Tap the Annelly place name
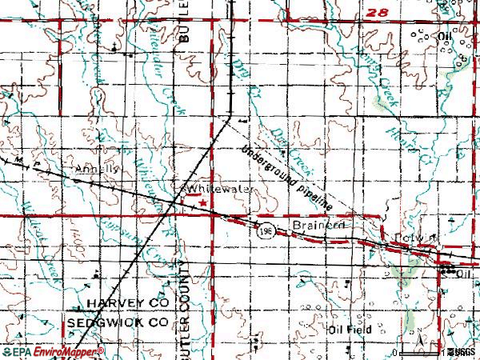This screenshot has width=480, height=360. (97, 170)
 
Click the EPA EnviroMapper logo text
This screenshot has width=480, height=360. (53, 351)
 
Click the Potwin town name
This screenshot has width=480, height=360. (410, 237)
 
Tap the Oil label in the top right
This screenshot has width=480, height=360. (445, 37)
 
